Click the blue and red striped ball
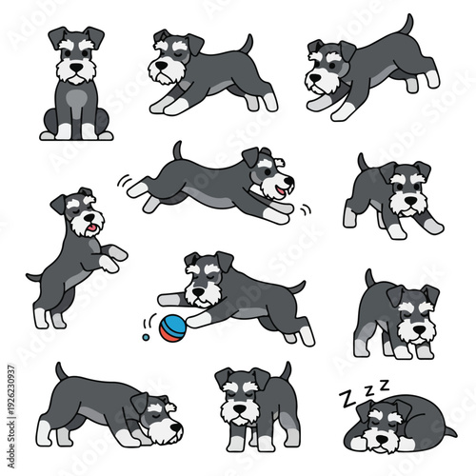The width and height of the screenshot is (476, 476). [174, 329]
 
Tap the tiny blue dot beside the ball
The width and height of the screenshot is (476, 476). [144, 336]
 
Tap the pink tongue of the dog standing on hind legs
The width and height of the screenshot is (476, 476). [90, 228]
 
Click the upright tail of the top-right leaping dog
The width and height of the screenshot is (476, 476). [407, 25]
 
